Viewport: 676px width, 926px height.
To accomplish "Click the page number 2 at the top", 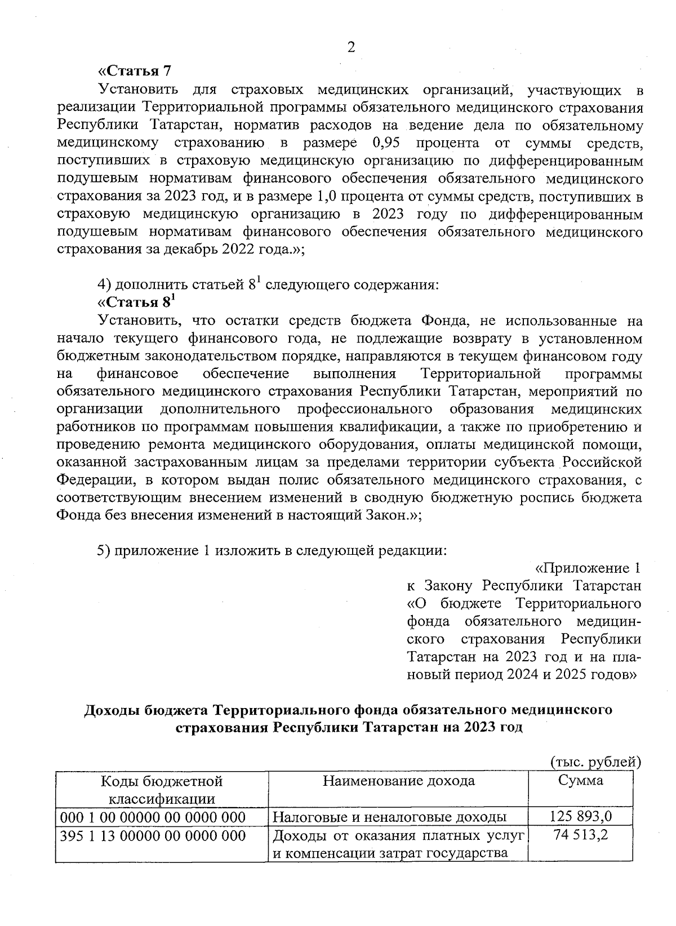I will pyautogui.click(x=350, y=48).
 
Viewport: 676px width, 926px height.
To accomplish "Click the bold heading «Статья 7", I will pyautogui.click(x=134, y=72).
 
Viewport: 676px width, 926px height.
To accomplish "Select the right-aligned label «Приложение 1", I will pyautogui.click(x=587, y=567).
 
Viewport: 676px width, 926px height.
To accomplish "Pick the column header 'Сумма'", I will pyautogui.click(x=580, y=781).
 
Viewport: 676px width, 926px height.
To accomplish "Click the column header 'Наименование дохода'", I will pyautogui.click(x=398, y=781).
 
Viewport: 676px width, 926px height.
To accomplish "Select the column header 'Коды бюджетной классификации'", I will pyautogui.click(x=162, y=789).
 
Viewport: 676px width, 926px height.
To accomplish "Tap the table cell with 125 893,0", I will pyautogui.click(x=580, y=817).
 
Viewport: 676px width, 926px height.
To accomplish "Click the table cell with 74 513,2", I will pyautogui.click(x=580, y=835).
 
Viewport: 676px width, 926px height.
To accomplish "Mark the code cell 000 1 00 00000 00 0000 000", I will pyautogui.click(x=153, y=817).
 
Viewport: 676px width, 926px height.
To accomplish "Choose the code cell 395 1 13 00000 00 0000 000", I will pyautogui.click(x=153, y=836).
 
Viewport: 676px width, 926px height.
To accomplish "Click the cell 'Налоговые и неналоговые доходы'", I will pyautogui.click(x=389, y=817).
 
